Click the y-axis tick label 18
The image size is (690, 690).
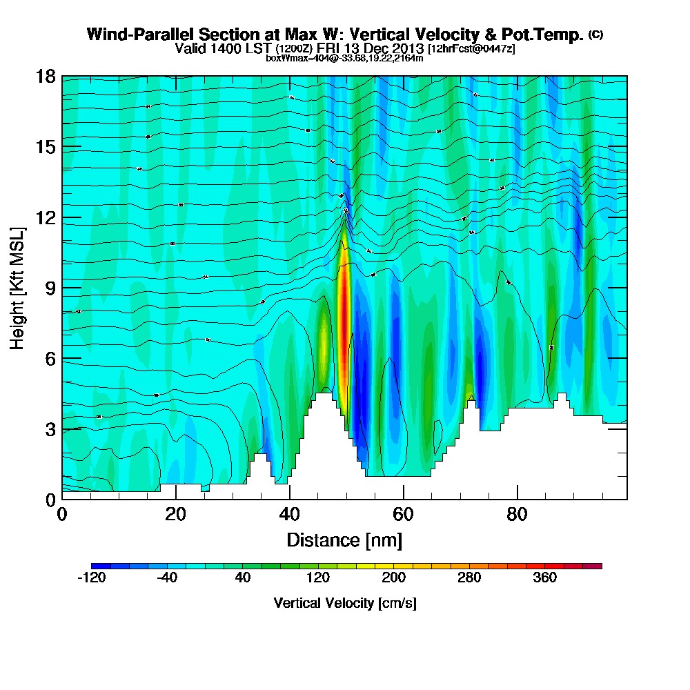tap(46, 76)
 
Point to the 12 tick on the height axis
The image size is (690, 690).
tap(46, 217)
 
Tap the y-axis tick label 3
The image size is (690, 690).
tap(50, 428)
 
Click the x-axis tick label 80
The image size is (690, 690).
tap(517, 515)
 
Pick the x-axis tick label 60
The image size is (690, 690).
tap(403, 515)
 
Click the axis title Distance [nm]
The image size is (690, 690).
tap(344, 540)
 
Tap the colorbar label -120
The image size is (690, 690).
tap(92, 578)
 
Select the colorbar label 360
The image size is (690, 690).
tap(545, 578)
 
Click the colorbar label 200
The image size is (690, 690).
tap(394, 578)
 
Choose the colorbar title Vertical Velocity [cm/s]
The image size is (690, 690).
tap(345, 603)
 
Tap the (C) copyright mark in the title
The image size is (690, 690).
tap(595, 34)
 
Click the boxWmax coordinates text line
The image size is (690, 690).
tap(344, 58)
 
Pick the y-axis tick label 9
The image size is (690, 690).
tap(50, 288)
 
